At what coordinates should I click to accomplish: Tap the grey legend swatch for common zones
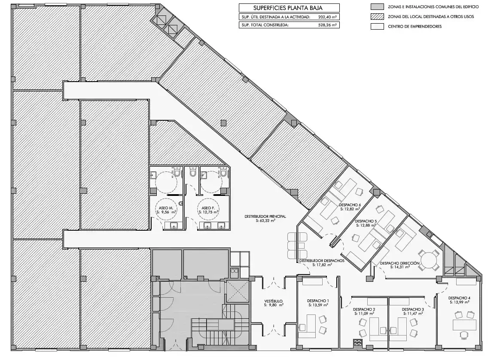[x=377, y=7]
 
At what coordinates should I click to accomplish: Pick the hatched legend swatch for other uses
[x=377, y=17]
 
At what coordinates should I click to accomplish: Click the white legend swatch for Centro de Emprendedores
[x=377, y=27]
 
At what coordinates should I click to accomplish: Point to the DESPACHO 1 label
[x=318, y=301]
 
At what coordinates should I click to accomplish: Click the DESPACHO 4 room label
[x=459, y=298]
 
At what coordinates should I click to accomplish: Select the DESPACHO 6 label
[x=350, y=205]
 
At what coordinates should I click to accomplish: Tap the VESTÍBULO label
[x=273, y=301]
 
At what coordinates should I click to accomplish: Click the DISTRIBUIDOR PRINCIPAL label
[x=265, y=216]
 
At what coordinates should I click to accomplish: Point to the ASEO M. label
[x=165, y=208]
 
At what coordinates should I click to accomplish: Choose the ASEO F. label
[x=208, y=208]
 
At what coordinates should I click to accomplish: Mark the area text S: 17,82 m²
[x=322, y=265]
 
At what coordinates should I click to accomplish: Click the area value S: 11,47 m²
[x=413, y=314]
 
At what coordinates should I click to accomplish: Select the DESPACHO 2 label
[x=364, y=309]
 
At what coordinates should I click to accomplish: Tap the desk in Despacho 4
[x=465, y=325]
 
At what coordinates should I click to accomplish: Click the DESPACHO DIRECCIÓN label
[x=399, y=263]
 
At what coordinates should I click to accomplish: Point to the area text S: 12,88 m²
[x=366, y=225]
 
